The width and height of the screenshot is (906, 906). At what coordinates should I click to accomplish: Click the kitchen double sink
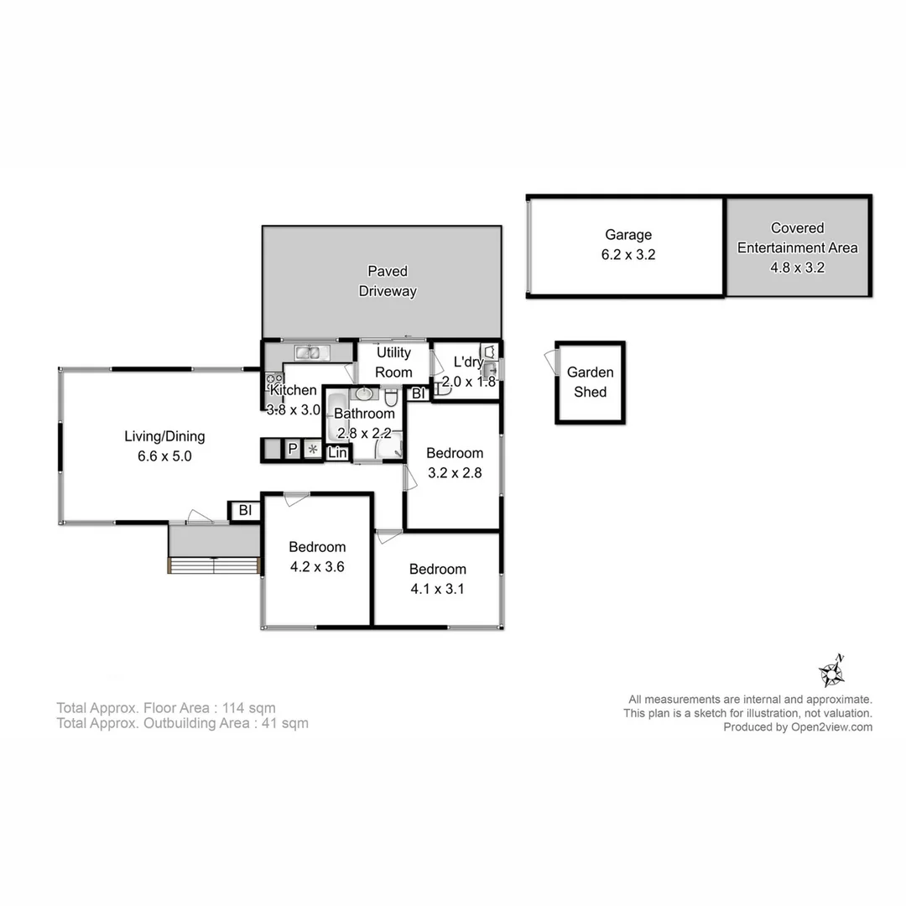coord(307,352)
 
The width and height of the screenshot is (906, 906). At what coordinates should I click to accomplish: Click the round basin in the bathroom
coord(366,394)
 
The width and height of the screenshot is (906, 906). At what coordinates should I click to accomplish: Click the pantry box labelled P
coord(293,450)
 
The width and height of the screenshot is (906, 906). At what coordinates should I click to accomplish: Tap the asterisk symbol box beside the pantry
coord(313,450)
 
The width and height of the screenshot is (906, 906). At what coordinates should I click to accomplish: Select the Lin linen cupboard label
coord(337,453)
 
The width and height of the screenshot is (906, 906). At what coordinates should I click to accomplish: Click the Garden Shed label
coord(590,382)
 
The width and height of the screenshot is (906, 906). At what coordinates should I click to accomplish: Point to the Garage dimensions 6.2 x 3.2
coord(627,255)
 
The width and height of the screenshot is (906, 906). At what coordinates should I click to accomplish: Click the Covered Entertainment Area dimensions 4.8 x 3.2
coord(797,268)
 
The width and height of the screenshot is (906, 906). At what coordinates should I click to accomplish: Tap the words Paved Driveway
coord(388,281)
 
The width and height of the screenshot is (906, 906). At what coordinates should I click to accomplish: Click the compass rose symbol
coord(830,671)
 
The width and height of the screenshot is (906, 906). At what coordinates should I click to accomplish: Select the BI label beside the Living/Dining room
coord(245,510)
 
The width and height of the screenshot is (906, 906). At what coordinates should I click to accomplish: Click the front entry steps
coord(214,565)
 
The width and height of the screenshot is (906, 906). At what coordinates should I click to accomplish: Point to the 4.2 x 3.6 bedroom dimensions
coord(317,567)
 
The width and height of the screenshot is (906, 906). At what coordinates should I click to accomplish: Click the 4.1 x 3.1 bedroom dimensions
coord(437,589)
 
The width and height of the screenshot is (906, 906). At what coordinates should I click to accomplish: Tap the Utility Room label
coord(393,362)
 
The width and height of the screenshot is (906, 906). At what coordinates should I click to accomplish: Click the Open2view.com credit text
coord(830,727)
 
